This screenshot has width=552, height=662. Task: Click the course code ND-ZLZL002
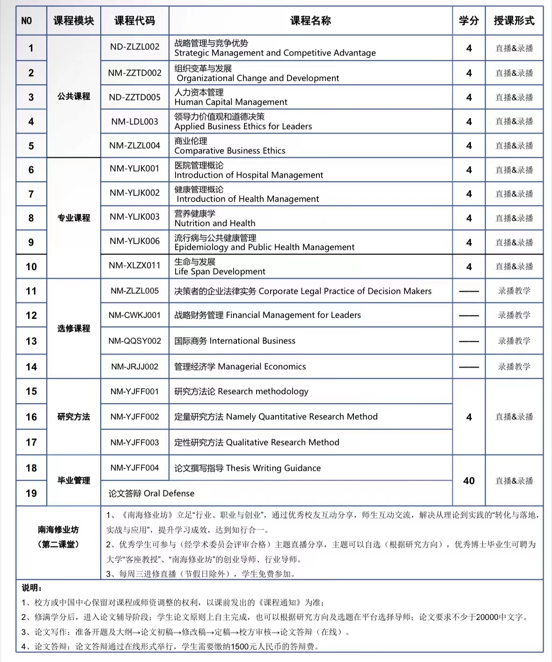pyautogui.click(x=134, y=47)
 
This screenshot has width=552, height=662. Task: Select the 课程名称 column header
pyautogui.click(x=310, y=21)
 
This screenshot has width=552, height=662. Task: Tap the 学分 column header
pyautogui.click(x=469, y=21)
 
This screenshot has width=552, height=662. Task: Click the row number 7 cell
pyautogui.click(x=31, y=194)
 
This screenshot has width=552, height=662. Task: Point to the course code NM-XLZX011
pyautogui.click(x=134, y=265)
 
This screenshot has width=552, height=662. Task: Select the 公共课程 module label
pyautogui.click(x=74, y=96)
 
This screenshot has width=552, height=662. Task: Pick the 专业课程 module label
pyautogui.click(x=74, y=218)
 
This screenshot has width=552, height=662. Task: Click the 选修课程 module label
pyautogui.click(x=74, y=328)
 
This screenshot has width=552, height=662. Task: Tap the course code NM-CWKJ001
pyautogui.click(x=134, y=315)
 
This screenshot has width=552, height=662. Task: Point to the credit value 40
pyautogui.click(x=469, y=481)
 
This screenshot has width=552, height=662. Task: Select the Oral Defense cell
pyautogui.click(x=151, y=493)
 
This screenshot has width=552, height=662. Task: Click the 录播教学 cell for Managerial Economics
pyautogui.click(x=514, y=367)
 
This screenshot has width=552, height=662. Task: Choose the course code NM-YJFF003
pyautogui.click(x=134, y=442)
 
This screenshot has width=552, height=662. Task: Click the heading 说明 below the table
pyautogui.click(x=31, y=588)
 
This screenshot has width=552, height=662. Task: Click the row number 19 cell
pyautogui.click(x=31, y=493)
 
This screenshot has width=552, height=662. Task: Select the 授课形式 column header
pyautogui.click(x=514, y=21)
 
